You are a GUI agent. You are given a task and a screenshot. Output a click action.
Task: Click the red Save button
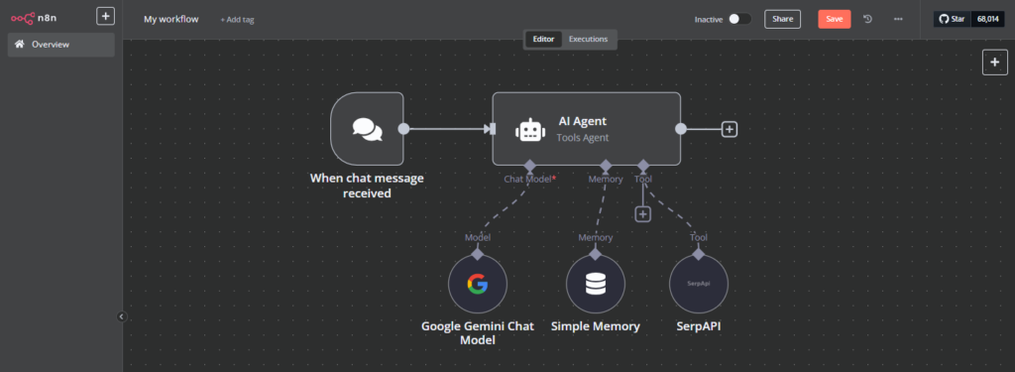pyautogui.click(x=834, y=19)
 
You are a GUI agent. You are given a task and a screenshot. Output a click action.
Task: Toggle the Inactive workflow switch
pyautogui.click(x=738, y=19)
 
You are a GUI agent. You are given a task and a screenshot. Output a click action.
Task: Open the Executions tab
pyautogui.click(x=588, y=39)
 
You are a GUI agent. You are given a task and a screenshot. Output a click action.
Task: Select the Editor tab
pyautogui.click(x=543, y=39)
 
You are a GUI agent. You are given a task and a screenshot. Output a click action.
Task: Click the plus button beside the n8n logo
pyautogui.click(x=105, y=16)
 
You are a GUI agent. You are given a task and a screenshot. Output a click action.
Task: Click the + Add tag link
pyautogui.click(x=237, y=19)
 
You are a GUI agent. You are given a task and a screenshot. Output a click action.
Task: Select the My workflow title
pyautogui.click(x=170, y=19)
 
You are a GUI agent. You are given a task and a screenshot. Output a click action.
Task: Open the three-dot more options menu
pyautogui.click(x=898, y=19)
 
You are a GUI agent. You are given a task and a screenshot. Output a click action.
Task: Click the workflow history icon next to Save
pyautogui.click(x=868, y=19)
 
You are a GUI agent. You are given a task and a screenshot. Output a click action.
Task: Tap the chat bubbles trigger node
pyautogui.click(x=367, y=128)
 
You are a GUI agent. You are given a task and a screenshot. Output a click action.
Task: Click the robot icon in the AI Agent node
pyautogui.click(x=529, y=129)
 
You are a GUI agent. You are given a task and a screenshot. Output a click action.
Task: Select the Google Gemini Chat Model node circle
pyautogui.click(x=478, y=285)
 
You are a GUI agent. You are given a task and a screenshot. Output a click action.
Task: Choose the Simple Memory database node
pyautogui.click(x=595, y=285)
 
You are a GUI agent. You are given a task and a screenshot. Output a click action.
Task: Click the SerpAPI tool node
pyautogui.click(x=698, y=285)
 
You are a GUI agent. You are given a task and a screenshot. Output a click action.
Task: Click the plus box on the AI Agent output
pyautogui.click(x=730, y=129)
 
